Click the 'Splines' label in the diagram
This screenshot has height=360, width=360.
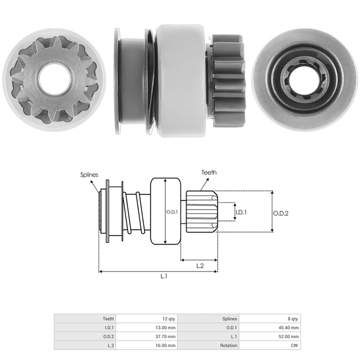point(89,175)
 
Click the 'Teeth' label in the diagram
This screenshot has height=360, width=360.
point(209,172)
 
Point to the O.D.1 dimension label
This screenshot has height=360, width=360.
point(172,211)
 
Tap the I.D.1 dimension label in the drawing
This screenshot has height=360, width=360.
point(241,211)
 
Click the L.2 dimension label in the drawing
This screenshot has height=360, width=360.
point(200,266)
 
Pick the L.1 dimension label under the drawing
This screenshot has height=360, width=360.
point(164,277)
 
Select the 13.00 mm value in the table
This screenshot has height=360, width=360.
point(166,328)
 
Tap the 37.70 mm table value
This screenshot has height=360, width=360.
point(166,337)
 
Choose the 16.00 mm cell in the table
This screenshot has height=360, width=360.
point(166,346)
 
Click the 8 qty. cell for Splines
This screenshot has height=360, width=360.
point(292,319)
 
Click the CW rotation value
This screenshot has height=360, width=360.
point(295,346)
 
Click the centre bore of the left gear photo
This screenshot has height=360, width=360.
point(52,76)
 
